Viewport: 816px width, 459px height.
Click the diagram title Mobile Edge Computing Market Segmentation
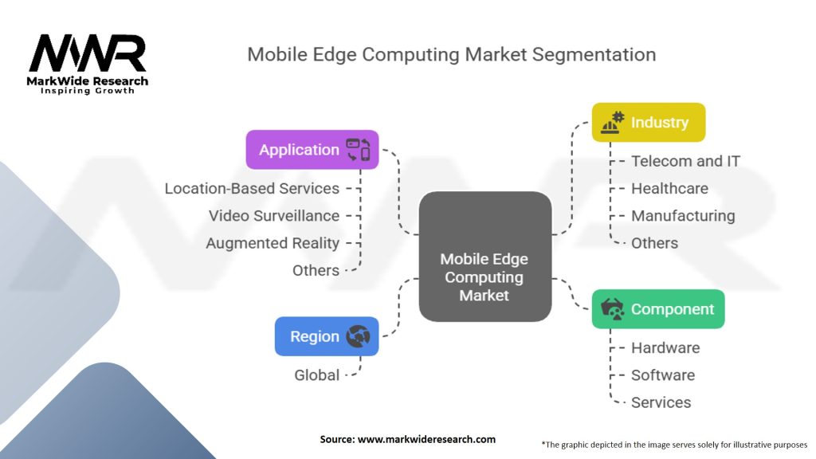click(451, 54)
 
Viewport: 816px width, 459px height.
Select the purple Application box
click(312, 150)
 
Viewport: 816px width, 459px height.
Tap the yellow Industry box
click(648, 123)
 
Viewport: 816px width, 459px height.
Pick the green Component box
click(657, 309)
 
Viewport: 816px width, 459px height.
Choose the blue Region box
click(326, 336)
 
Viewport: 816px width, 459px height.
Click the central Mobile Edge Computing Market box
click(484, 277)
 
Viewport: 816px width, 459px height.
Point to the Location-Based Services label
click(252, 189)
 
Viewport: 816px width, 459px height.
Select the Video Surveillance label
click(274, 216)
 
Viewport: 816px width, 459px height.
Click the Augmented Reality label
click(273, 243)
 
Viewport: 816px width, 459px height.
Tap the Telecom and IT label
click(685, 161)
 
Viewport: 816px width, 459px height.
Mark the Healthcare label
click(669, 189)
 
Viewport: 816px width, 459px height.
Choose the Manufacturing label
click(683, 216)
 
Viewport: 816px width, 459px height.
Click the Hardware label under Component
click(665, 347)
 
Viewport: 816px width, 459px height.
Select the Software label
click(663, 375)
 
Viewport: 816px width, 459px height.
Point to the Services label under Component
click(661, 402)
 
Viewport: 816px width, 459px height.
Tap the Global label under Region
click(317, 375)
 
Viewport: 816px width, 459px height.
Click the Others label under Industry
click(654, 243)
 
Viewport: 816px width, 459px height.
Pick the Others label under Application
click(316, 270)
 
